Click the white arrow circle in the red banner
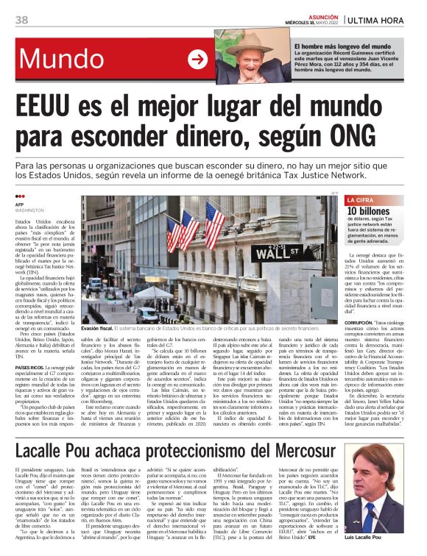[198, 59]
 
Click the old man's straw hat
[248, 40]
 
